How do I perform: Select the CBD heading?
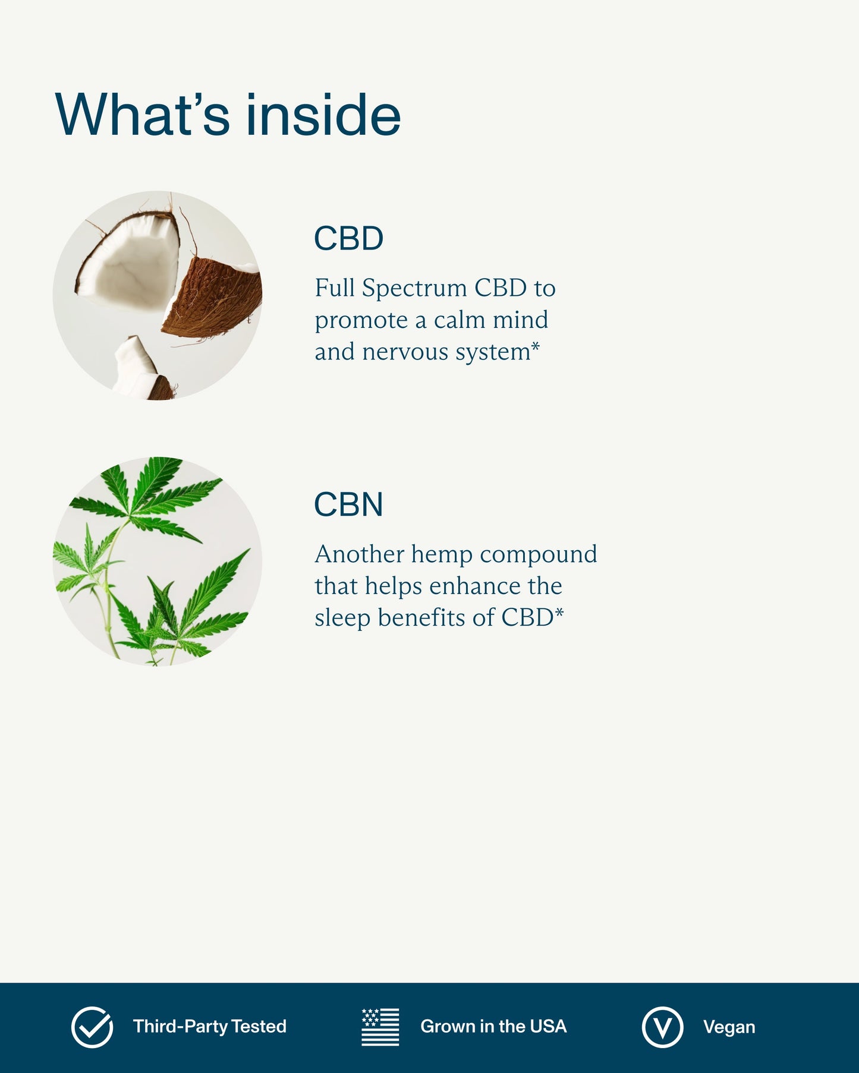point(348,238)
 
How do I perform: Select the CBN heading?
point(348,504)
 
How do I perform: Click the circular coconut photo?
point(158,295)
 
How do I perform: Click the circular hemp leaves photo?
point(158,561)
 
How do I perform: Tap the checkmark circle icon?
point(92,1027)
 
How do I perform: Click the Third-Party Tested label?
point(210,1027)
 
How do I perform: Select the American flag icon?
point(380,1027)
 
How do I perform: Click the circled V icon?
point(662,1027)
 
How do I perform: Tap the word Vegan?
point(729,1027)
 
